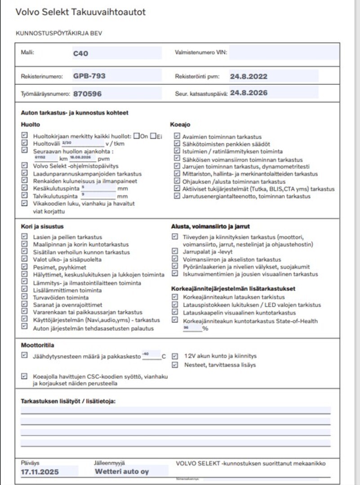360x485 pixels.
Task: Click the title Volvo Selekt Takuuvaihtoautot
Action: coord(80,12)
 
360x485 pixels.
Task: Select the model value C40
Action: coord(81,53)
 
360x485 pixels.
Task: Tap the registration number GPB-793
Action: coord(89,76)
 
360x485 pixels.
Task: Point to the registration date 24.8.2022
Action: coord(249,76)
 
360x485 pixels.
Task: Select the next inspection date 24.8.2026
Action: coord(249,93)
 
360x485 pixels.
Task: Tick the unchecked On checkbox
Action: coord(136,136)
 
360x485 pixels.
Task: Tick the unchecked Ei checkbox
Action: coord(153,136)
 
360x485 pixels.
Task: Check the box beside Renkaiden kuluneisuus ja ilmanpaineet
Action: coord(24,181)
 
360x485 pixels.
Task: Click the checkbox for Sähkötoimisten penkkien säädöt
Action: coord(177,144)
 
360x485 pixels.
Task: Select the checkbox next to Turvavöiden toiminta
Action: coord(24,297)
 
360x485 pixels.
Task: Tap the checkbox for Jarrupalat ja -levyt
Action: coord(174,252)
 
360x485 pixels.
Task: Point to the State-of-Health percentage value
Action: coord(186,328)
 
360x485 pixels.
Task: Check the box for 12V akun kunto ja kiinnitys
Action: coord(174,356)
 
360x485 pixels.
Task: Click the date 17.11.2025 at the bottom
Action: coord(40,472)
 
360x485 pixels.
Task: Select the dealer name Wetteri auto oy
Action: coord(122,472)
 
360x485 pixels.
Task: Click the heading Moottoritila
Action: coord(38,345)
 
